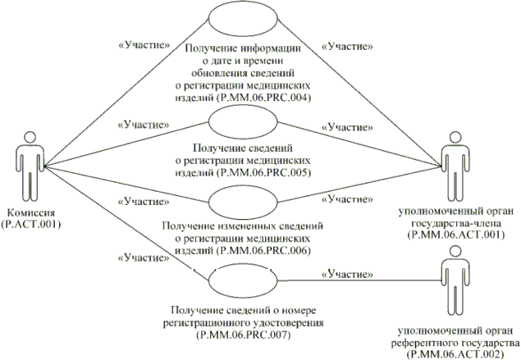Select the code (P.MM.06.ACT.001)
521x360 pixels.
(453, 234)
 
